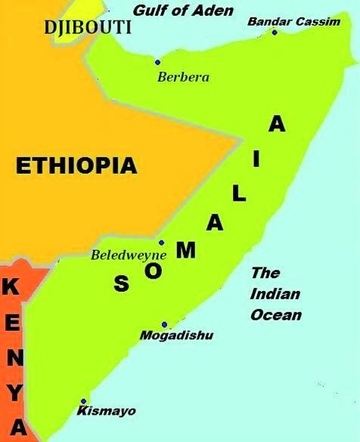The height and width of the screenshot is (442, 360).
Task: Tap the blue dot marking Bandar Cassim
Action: pyautogui.click(x=275, y=32)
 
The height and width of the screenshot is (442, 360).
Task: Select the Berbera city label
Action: pyautogui.click(x=183, y=76)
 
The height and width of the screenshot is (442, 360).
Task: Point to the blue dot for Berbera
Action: pyautogui.click(x=157, y=62)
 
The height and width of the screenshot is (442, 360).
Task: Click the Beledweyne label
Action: pyautogui.click(x=129, y=255)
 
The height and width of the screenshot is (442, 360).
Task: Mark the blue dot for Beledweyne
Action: pyautogui.click(x=161, y=243)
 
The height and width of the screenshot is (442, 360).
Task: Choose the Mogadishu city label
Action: pyautogui.click(x=177, y=335)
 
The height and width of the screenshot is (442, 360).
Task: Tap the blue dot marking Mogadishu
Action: pyautogui.click(x=164, y=324)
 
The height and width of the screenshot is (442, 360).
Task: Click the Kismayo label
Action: pyautogui.click(x=107, y=411)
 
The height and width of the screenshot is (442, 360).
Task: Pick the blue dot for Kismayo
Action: pyautogui.click(x=84, y=401)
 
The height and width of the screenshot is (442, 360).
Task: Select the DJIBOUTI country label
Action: pyautogui.click(x=88, y=28)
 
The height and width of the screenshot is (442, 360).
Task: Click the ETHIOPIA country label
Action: pyautogui.click(x=76, y=165)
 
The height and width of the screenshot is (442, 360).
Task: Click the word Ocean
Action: pyautogui.click(x=276, y=314)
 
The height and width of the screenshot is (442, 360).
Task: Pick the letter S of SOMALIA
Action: pyautogui.click(x=121, y=284)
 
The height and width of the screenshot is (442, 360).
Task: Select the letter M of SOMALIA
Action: pyautogui.click(x=187, y=250)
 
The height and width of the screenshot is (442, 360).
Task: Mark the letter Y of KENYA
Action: pyautogui.click(x=16, y=394)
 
